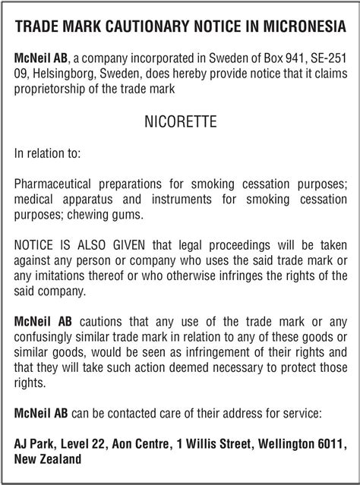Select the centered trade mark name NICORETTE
coord(180,120)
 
